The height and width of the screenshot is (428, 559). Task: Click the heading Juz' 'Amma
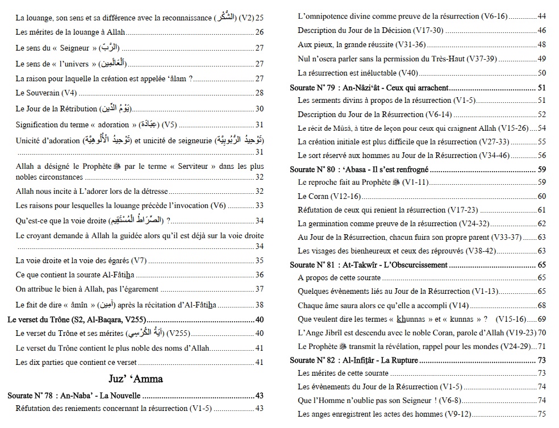135,378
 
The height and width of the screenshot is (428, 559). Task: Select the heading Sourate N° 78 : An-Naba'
74,396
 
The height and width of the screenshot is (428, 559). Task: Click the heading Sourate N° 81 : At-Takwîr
369,265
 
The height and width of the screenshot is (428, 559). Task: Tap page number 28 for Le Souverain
260,93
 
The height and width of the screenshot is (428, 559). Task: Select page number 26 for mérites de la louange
260,32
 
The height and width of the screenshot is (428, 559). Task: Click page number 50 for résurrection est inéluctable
541,73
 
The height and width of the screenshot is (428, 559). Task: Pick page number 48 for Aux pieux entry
541,44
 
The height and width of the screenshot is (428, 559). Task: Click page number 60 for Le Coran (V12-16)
541,196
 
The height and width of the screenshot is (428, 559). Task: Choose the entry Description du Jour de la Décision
370,30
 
